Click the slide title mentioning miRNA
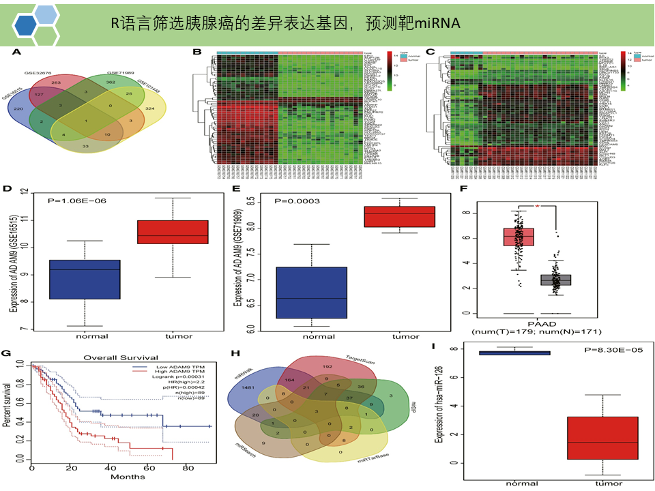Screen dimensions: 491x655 [x=285, y=23]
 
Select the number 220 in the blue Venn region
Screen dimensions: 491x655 [x=19, y=109]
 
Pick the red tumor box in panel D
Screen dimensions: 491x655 [x=173, y=231]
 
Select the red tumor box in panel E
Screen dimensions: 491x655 [x=399, y=216]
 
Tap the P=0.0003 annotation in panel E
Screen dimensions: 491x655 [x=297, y=201]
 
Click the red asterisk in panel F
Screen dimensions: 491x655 [x=537, y=205]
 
